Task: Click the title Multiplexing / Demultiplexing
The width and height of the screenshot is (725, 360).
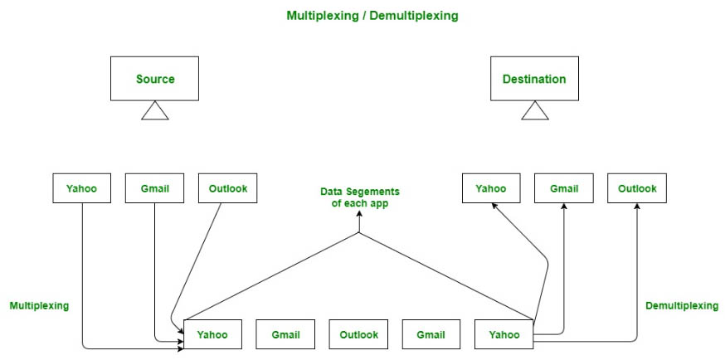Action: point(372,16)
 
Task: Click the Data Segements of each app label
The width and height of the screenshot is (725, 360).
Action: point(360,197)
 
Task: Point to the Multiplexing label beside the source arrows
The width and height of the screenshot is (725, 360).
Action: point(39,305)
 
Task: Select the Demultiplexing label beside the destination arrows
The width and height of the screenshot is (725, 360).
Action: point(682,305)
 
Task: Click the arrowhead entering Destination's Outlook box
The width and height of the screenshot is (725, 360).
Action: point(637,207)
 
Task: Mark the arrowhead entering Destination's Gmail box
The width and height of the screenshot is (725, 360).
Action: point(564,207)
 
